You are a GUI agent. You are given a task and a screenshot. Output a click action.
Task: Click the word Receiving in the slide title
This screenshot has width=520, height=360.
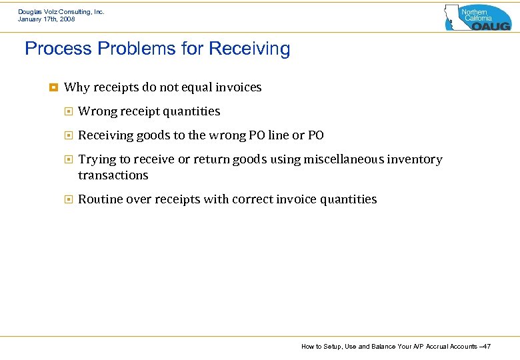point(249,49)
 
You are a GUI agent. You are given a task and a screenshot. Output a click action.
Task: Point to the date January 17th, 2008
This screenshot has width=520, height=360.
point(47,19)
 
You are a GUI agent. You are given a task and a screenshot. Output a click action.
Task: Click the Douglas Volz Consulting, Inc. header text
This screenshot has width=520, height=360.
point(61,11)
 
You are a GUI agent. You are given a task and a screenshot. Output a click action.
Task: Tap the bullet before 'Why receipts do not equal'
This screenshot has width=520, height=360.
point(53,87)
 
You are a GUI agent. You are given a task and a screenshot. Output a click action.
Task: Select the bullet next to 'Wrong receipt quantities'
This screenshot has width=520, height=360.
point(67,111)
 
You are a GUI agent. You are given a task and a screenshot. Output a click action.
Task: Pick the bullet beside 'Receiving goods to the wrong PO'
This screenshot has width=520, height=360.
point(67,135)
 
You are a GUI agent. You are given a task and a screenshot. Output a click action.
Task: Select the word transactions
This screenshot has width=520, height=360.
point(113,175)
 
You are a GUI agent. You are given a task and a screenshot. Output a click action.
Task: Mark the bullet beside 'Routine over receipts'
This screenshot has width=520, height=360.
point(67,199)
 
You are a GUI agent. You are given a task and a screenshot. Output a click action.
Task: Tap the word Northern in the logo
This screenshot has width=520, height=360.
point(475,12)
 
